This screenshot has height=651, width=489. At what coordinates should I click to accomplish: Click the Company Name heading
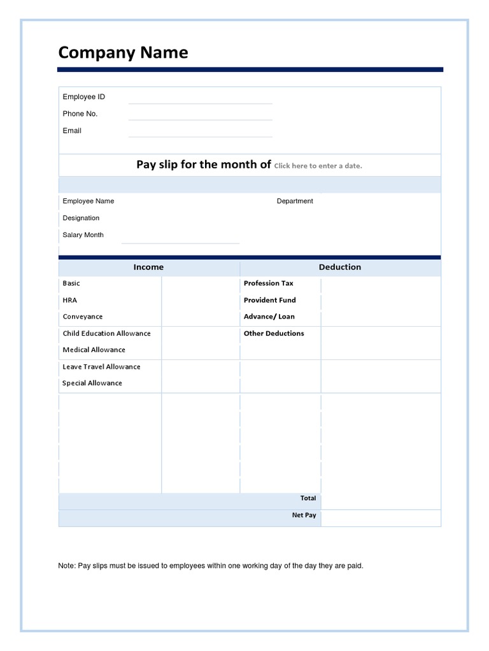click(123, 53)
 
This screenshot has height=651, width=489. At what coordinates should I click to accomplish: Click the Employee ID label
click(83, 97)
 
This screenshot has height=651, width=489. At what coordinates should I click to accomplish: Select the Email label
click(72, 131)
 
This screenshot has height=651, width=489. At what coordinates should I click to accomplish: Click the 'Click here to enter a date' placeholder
click(318, 166)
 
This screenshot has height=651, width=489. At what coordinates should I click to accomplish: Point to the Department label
click(295, 202)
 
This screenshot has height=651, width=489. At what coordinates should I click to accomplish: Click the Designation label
click(81, 218)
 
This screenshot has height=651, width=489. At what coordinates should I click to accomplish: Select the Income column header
click(148, 268)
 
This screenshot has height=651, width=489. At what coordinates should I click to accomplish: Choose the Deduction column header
click(340, 268)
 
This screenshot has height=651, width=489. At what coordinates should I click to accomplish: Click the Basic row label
click(71, 284)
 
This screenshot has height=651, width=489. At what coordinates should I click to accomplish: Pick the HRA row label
click(69, 300)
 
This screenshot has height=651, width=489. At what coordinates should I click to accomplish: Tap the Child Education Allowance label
click(106, 333)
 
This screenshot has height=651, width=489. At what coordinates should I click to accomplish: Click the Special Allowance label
click(92, 383)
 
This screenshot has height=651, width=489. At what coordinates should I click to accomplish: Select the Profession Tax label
click(268, 284)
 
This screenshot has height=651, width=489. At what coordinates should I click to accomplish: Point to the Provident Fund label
click(269, 300)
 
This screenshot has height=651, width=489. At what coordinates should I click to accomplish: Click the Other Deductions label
click(274, 333)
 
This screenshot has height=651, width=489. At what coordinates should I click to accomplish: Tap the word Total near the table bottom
click(308, 498)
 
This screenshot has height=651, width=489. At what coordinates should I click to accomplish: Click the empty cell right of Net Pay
click(380, 518)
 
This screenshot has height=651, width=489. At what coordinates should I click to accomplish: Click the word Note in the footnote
click(66, 566)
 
